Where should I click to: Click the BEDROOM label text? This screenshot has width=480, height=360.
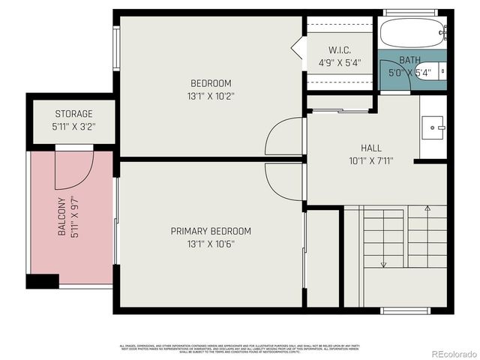tap(210, 83)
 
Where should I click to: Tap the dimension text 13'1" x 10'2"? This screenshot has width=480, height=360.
tap(210, 96)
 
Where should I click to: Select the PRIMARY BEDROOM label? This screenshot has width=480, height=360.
tap(210, 231)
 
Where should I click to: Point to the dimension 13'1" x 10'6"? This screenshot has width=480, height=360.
tap(210, 244)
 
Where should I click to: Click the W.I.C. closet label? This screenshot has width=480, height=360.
tap(340, 50)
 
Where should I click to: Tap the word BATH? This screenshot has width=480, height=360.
tap(409, 60)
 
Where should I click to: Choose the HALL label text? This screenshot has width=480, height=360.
tap(370, 148)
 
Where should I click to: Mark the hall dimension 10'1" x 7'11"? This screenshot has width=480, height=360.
tap(370, 160)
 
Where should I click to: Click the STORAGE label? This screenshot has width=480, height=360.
tap(73, 114)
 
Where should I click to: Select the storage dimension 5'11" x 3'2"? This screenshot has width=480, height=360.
tap(73, 127)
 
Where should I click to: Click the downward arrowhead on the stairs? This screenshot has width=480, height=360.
tap(383, 265)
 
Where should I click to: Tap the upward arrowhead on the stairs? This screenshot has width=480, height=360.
tap(427, 208)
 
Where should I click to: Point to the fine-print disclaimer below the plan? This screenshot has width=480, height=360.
tap(240, 348)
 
